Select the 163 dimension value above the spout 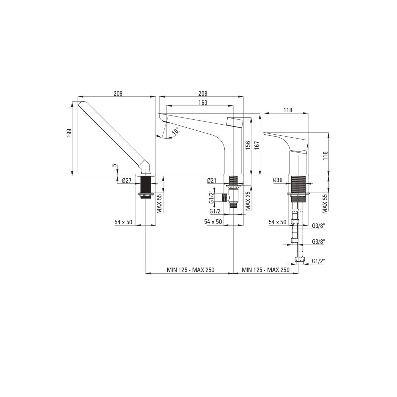[203, 102]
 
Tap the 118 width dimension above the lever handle [287, 110]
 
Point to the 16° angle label [175, 131]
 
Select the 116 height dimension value [325, 156]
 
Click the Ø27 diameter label [126, 181]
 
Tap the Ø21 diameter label [212, 181]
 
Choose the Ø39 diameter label [278, 180]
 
